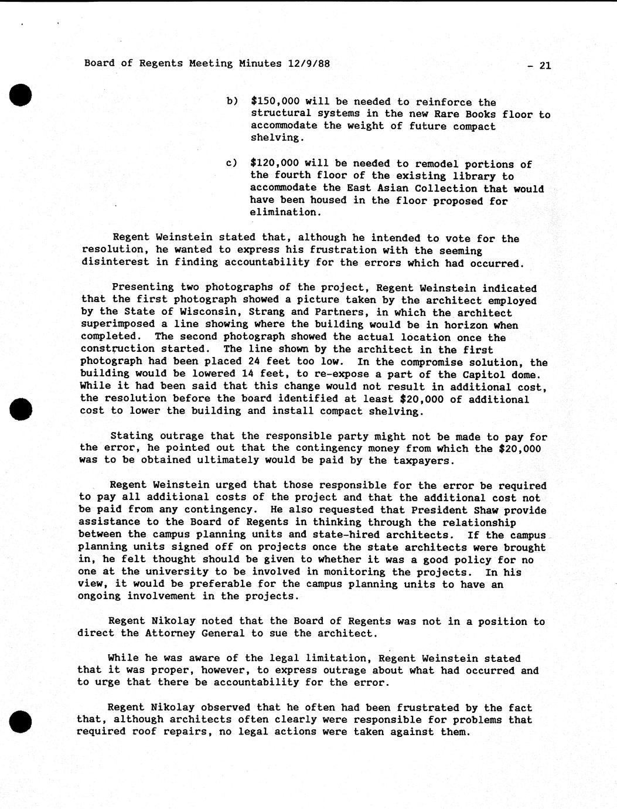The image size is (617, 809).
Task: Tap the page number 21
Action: tap(544, 66)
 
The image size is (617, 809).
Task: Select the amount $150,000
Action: tap(275, 101)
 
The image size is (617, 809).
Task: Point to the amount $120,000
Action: tap(275, 163)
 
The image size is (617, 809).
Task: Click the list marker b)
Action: tap(232, 101)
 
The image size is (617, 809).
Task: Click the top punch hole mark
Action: tap(21, 95)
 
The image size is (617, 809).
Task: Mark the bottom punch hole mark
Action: tap(21, 720)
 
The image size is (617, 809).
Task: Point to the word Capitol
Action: tap(493, 375)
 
